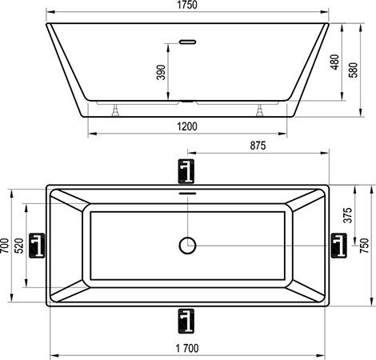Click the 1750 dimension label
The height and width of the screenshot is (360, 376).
187,5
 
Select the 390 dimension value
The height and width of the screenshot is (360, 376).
162,72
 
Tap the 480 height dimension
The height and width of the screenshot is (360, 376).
335,62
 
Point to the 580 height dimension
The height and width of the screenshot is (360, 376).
354,70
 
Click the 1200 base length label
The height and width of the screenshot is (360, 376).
187,126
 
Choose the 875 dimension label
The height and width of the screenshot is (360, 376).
258,146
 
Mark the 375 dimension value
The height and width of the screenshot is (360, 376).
348,215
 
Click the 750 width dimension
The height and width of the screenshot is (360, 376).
364,246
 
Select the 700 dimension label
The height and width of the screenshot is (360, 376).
5,246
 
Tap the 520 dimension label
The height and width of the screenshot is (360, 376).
19,246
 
